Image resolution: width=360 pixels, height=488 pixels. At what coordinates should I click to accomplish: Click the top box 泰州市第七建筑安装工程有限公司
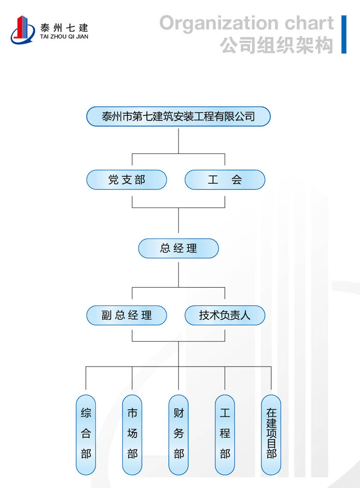178,116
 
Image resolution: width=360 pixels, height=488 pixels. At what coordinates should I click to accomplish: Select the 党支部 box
127,180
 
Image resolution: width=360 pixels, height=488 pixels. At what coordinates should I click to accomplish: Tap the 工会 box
225,180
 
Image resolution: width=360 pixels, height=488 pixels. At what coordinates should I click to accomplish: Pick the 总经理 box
178,249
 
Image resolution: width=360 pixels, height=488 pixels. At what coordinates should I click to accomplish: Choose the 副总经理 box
127,315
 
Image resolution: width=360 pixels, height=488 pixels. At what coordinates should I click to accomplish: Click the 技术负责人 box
225,315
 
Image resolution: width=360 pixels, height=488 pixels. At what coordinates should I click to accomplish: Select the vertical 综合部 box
86,434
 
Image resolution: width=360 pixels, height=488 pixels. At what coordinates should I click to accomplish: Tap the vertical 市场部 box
132,434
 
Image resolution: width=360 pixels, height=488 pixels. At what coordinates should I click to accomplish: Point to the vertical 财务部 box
178,434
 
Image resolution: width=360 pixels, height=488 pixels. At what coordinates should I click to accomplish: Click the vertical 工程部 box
225,434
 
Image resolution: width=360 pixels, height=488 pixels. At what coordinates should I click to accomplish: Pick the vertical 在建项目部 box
271,434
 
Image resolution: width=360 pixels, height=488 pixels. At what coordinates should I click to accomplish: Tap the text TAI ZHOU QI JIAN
64,37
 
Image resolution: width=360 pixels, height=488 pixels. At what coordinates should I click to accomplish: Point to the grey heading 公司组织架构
277,45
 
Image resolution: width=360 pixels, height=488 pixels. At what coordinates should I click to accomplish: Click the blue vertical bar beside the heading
344,34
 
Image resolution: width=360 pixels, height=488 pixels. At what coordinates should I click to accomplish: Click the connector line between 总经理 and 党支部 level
178,223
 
